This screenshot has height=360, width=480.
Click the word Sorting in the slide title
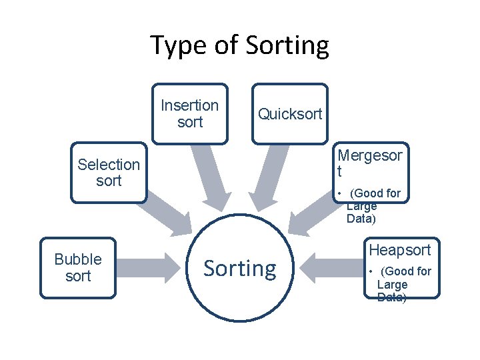tap(287, 46)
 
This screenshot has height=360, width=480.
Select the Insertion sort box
tap(190, 114)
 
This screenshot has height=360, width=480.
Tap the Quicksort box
tap(290, 114)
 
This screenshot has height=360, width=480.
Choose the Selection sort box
tap(109, 173)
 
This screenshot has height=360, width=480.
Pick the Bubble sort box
tap(78, 267)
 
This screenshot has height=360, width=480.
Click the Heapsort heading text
tap(400, 250)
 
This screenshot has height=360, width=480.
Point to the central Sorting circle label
tap(239, 269)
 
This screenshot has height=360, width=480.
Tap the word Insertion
tap(190, 105)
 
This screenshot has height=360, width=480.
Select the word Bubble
tap(78, 259)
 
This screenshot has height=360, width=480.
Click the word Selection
tap(109, 165)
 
